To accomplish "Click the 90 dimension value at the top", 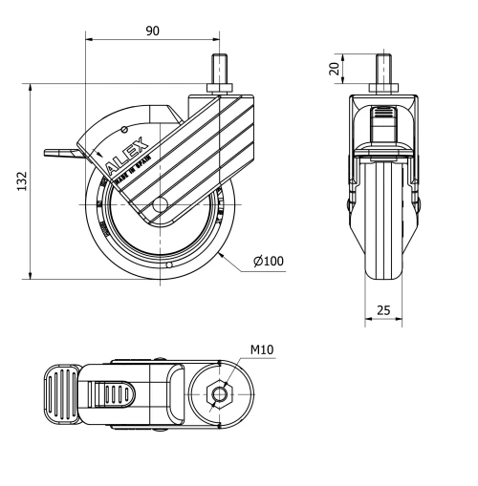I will coord(152,31).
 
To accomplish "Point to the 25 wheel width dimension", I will coord(382,309).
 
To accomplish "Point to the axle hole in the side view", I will coord(161,203).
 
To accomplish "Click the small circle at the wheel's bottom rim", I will coord(167,264).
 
